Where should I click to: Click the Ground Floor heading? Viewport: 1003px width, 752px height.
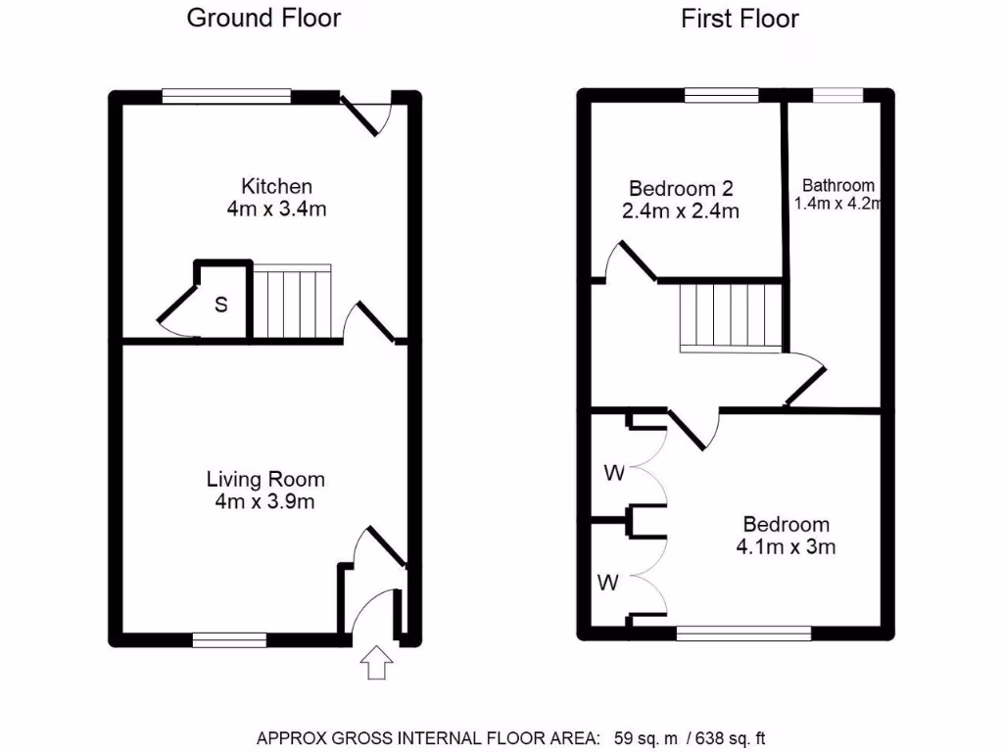pos(263,19)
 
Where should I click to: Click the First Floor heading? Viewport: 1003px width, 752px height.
pos(740,19)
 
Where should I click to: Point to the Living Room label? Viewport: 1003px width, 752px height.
pos(265,480)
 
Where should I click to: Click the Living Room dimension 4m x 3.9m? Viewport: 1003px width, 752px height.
pos(265,502)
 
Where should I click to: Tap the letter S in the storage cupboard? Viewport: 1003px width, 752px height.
pos(221,305)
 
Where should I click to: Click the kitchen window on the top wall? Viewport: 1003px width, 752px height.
pos(226,96)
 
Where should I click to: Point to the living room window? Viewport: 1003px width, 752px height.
pos(229,639)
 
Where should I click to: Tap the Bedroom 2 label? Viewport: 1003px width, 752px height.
pos(682,188)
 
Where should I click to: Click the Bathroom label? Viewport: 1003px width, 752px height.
pos(838,185)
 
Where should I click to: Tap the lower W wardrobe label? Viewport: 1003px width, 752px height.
pos(609,584)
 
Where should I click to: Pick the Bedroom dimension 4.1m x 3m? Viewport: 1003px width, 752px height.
pos(786,547)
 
